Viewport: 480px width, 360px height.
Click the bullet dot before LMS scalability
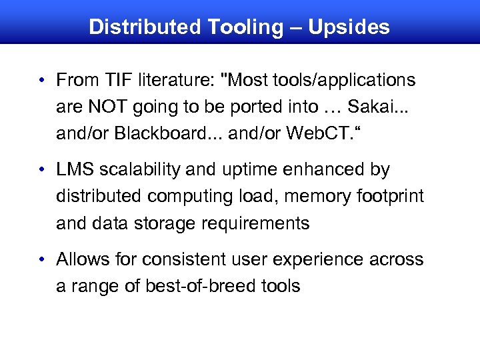pyautogui.click(x=42, y=171)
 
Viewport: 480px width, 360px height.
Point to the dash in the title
pyautogui.click(x=293, y=28)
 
